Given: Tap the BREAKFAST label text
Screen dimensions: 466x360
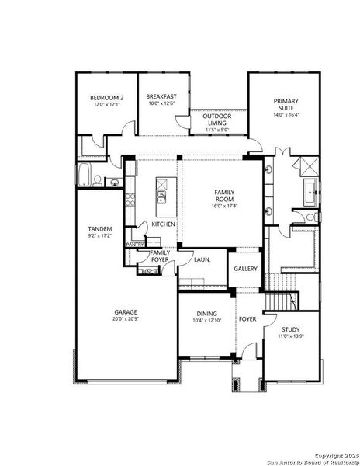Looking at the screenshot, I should coord(161,97).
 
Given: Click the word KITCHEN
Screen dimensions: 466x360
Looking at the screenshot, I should coord(163,224).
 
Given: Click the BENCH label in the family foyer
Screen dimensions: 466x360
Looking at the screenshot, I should coord(149,271).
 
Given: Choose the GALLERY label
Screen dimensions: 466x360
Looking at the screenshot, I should coord(246,269).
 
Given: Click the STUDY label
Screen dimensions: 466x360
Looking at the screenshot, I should coord(291,329).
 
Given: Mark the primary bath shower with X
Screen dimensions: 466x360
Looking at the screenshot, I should coord(306,165).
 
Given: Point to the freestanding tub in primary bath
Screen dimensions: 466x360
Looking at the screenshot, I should coord(310,190).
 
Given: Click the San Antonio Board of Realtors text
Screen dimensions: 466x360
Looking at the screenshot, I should coord(307,461).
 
